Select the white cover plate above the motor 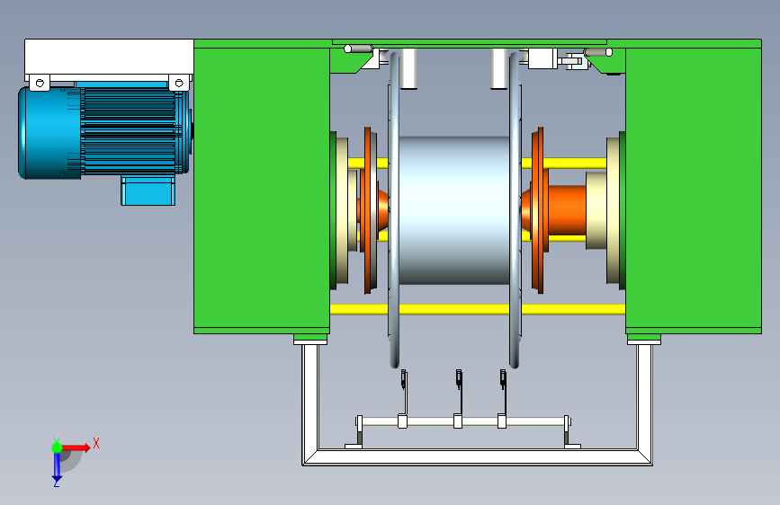(109, 58)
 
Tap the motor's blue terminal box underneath (148, 190)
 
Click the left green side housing (262, 189)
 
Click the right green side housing (694, 189)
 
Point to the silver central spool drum (454, 210)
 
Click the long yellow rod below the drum (478, 309)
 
